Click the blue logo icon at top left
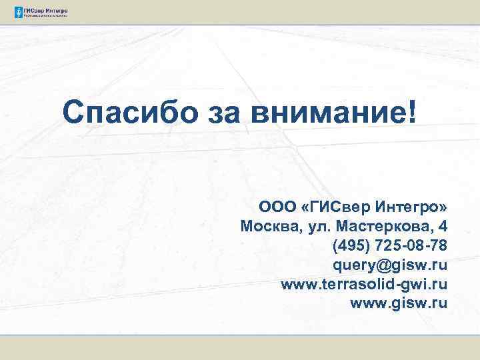(18, 12)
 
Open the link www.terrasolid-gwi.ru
(364, 285)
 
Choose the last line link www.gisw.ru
(398, 305)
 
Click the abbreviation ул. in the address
(318, 225)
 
